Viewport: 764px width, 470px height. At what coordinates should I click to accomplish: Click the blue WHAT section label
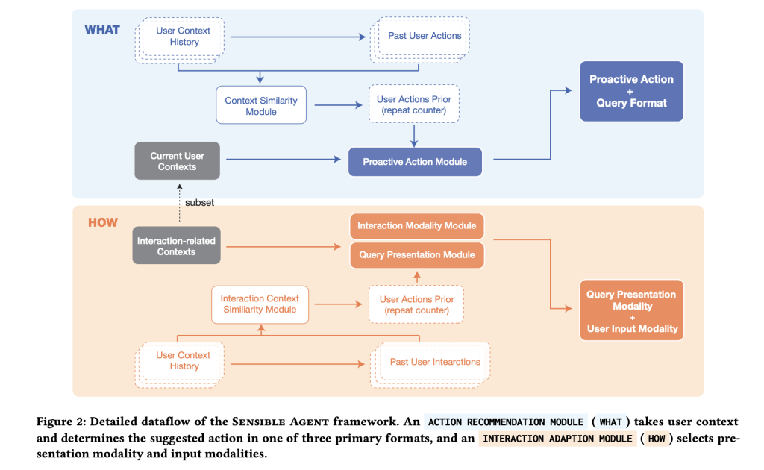pos(102,30)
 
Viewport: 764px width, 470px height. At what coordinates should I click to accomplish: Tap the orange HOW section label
pos(103,222)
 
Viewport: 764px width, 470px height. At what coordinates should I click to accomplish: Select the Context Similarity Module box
pos(261,105)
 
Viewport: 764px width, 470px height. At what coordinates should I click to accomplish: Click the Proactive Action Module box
pos(415,162)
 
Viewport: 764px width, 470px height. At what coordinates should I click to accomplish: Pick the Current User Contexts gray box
pos(178,161)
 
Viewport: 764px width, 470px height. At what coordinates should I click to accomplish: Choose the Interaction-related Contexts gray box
pos(176,246)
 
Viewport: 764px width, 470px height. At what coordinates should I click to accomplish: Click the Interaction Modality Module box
pos(417,226)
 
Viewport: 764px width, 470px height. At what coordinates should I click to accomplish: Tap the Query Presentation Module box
pos(417,254)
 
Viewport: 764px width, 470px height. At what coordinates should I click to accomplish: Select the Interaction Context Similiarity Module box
pos(260,304)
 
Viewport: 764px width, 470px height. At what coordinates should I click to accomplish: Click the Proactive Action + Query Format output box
pos(631,91)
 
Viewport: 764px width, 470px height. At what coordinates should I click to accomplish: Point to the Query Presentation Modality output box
pos(632,310)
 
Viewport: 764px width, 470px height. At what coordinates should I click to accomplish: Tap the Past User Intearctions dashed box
pos(430,365)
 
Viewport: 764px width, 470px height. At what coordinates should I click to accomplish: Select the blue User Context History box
pos(180,40)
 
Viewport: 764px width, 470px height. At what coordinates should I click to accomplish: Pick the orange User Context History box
pos(180,365)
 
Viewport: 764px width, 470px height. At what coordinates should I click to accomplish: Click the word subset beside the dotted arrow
pos(199,203)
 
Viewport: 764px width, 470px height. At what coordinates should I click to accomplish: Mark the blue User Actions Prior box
pos(414,104)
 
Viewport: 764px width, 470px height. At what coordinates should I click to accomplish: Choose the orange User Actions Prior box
pos(416,304)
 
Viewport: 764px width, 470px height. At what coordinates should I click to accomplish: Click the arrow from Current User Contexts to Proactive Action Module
pos(284,159)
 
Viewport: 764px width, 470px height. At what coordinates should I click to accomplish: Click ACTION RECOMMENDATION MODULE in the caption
pos(506,422)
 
